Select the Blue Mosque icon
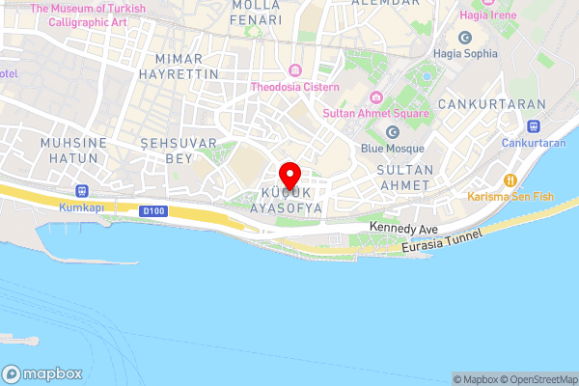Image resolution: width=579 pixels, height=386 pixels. pos(392,132)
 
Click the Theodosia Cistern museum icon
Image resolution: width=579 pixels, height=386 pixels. pos(294,71)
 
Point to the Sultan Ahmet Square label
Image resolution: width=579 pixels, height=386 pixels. pos(376,114)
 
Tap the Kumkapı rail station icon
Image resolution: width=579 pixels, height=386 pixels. pos(80,191)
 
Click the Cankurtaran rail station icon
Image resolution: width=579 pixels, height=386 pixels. pos(533,126)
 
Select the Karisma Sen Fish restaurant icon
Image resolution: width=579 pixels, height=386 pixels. pos(511,179)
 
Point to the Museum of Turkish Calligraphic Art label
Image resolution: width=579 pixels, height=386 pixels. pos(88,14)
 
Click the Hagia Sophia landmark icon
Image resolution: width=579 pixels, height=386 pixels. pos(464,38)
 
